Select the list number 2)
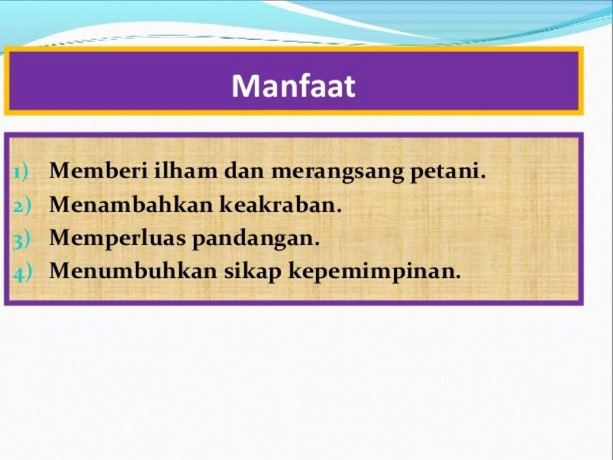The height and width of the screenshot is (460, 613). click(x=22, y=207)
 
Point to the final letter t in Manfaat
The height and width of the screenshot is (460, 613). click(x=349, y=87)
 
